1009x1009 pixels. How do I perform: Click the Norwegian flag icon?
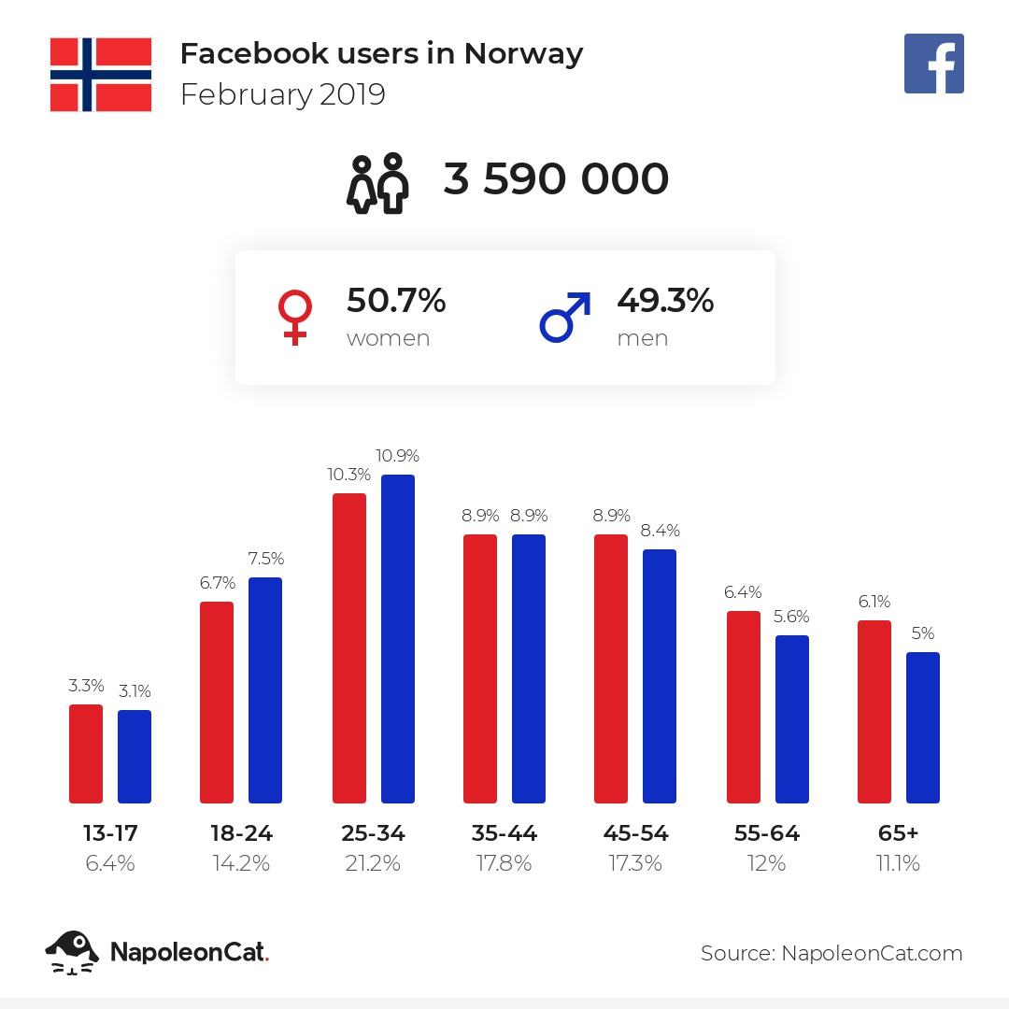pyautogui.click(x=101, y=75)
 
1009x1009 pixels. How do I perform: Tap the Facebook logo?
pyautogui.click(x=933, y=64)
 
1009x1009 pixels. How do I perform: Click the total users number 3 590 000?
pyautogui.click(x=556, y=178)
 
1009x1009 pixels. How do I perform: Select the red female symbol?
pyautogui.click(x=294, y=318)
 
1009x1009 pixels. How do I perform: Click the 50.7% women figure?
pyautogui.click(x=396, y=301)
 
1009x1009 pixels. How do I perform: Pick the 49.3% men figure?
pyautogui.click(x=665, y=301)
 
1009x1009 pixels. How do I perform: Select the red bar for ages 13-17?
pyautogui.click(x=86, y=754)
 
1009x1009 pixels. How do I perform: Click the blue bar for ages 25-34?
pyautogui.click(x=398, y=639)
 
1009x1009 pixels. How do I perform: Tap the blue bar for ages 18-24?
pyautogui.click(x=265, y=689)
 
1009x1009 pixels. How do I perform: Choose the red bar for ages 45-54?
pyautogui.click(x=611, y=669)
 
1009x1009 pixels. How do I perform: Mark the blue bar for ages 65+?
pyautogui.click(x=923, y=728)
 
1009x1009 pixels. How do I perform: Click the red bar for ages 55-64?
pyautogui.click(x=744, y=707)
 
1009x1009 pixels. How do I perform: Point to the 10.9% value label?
pyautogui.click(x=398, y=456)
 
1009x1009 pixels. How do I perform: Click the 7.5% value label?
pyautogui.click(x=265, y=558)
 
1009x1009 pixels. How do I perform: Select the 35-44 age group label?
pyautogui.click(x=504, y=833)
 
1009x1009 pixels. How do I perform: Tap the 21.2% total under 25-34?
pyautogui.click(x=373, y=863)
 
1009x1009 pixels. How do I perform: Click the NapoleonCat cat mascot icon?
pyautogui.click(x=72, y=952)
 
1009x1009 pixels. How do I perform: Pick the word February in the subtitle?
pyautogui.click(x=247, y=95)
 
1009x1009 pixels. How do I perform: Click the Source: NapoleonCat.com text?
pyautogui.click(x=831, y=953)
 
